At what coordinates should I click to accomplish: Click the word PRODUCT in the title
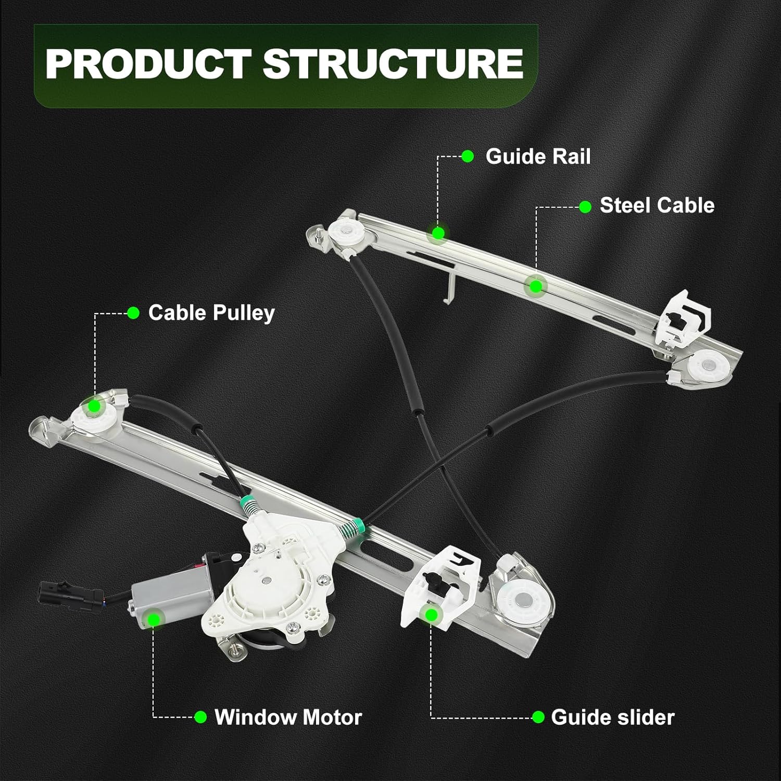pyautogui.click(x=148, y=64)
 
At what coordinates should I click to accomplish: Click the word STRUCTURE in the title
pyautogui.click(x=393, y=64)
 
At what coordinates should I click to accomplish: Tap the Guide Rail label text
pyautogui.click(x=538, y=156)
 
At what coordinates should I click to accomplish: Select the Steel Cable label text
pyautogui.click(x=657, y=206)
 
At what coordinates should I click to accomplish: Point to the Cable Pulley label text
pyautogui.click(x=211, y=313)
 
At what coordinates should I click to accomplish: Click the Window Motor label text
pyautogui.click(x=288, y=717)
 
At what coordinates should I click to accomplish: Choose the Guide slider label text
pyautogui.click(x=612, y=717)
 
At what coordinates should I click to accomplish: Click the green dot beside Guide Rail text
pyautogui.click(x=468, y=156)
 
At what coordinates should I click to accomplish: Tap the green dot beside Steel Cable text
pyautogui.click(x=585, y=207)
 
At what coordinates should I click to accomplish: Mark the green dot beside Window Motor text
pyautogui.click(x=200, y=717)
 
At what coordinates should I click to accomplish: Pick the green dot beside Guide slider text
pyautogui.click(x=538, y=717)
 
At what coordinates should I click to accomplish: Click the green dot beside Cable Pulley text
pyautogui.click(x=134, y=313)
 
